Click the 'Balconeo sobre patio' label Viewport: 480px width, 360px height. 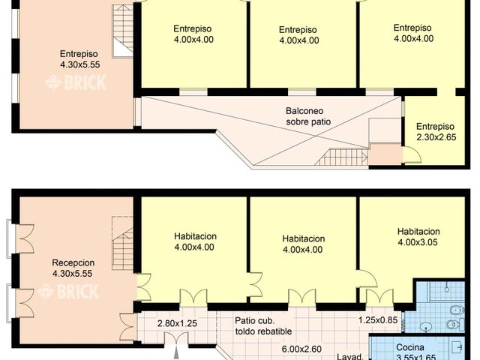coord(307,115)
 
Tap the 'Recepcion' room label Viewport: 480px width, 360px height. coord(73,263)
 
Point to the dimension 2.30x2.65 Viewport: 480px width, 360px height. coord(435,138)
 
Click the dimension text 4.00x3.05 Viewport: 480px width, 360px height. coord(418,242)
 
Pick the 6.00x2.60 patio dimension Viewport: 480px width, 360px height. coord(302,348)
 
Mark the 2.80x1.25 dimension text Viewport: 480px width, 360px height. coord(177,323)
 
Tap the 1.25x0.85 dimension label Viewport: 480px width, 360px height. coord(377,320)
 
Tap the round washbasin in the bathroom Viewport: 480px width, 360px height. coord(426,326)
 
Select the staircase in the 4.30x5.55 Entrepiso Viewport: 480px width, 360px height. coord(122,31)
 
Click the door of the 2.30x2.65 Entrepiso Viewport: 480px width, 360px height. coord(412,156)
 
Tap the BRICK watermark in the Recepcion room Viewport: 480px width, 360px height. coord(73,292)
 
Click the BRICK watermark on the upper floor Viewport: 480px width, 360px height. coord(75,82)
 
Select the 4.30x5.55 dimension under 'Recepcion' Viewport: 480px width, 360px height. coord(73,274)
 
